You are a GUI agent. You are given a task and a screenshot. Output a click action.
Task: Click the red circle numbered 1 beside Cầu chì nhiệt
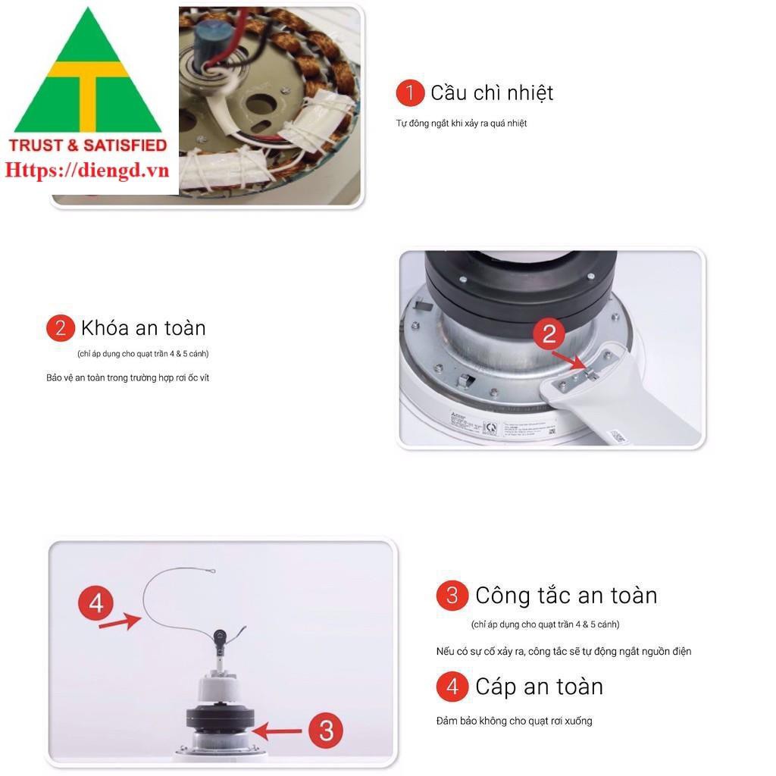coord(410,93)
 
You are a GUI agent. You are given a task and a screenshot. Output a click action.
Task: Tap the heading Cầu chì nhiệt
coord(492,93)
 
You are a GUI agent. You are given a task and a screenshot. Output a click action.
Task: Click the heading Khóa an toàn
coord(143,328)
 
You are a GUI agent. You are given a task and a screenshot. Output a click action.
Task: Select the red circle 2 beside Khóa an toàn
coord(61,328)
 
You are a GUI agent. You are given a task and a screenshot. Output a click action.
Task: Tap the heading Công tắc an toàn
coord(566,596)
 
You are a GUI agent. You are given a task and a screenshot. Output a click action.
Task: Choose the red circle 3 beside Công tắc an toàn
coord(452,596)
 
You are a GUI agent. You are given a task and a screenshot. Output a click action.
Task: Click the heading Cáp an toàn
coord(539,687)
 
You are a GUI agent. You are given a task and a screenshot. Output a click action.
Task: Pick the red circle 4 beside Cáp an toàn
coord(452,687)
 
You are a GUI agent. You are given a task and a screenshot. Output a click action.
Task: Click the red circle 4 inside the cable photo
coord(96,604)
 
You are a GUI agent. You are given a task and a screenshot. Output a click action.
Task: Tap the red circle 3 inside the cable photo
coord(326,731)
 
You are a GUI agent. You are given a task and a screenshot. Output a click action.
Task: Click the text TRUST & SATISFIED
coord(87,145)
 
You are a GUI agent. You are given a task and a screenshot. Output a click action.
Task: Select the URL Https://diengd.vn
coord(87,170)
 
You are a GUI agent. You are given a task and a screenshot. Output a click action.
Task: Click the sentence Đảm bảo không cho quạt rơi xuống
coord(514,721)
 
